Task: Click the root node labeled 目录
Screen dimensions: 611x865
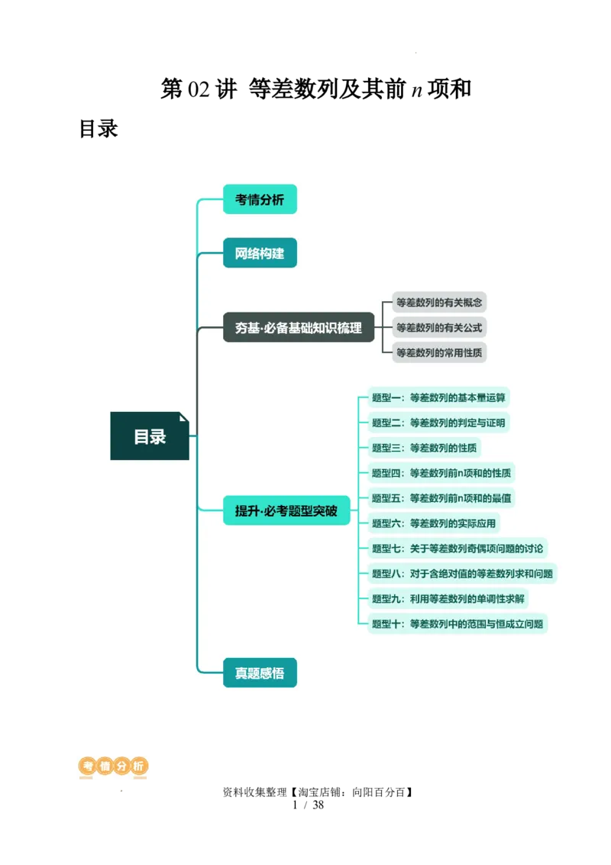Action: [150, 436]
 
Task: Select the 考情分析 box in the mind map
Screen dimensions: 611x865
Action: [260, 199]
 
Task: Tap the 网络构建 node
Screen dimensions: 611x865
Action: [260, 253]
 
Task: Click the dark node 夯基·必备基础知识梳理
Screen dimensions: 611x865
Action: [299, 328]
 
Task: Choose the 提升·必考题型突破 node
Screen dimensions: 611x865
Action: [286, 510]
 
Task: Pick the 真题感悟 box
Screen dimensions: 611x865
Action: [260, 673]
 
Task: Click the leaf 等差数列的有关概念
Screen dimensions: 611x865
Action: [439, 302]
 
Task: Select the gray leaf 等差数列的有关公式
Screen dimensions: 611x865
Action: [439, 328]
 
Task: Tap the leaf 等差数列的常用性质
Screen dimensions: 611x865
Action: [439, 353]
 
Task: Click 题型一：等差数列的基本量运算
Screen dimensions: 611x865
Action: [438, 397]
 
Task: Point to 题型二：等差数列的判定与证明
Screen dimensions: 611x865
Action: [438, 423]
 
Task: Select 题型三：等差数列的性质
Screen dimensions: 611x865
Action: [425, 448]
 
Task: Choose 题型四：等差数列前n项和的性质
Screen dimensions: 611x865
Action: [441, 473]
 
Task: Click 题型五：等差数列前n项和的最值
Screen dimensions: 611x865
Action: [441, 498]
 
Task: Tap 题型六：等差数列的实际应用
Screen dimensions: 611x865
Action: [434, 523]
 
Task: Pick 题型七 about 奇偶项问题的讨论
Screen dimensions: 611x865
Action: [457, 549]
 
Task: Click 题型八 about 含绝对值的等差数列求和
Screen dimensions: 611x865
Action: [462, 574]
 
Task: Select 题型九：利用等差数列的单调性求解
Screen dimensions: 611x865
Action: [449, 599]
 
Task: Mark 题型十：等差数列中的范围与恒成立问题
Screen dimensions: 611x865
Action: [457, 624]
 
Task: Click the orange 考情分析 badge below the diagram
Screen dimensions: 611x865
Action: [113, 766]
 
